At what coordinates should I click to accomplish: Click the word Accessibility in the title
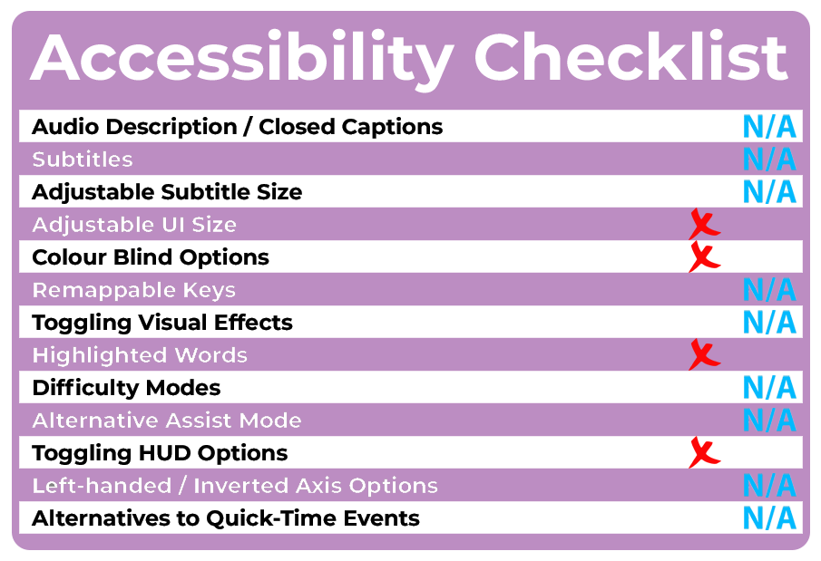(x=242, y=58)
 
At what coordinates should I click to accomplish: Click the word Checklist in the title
(x=630, y=56)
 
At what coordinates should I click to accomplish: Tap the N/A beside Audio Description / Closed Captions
(x=769, y=127)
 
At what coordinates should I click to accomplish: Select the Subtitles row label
(x=83, y=160)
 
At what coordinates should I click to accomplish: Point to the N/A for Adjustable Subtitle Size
(x=769, y=191)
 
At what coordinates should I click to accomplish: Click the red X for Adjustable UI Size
(x=704, y=224)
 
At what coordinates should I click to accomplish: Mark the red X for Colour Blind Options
(x=704, y=256)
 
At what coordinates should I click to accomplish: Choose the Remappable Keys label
(x=134, y=290)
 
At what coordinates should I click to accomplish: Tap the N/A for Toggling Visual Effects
(x=769, y=322)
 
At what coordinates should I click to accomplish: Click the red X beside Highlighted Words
(x=704, y=354)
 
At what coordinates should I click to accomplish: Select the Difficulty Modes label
(x=126, y=388)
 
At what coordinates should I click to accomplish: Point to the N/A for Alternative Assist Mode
(x=769, y=420)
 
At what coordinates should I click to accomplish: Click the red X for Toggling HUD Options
(x=704, y=452)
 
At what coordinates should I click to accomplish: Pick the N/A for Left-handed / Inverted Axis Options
(x=769, y=485)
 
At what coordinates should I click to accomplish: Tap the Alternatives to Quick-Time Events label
(x=226, y=518)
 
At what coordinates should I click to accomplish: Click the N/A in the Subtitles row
(x=769, y=160)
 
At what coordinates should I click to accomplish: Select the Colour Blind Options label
(x=151, y=257)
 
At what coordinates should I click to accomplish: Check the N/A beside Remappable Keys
(x=769, y=289)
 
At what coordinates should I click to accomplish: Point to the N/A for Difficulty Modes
(x=769, y=387)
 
